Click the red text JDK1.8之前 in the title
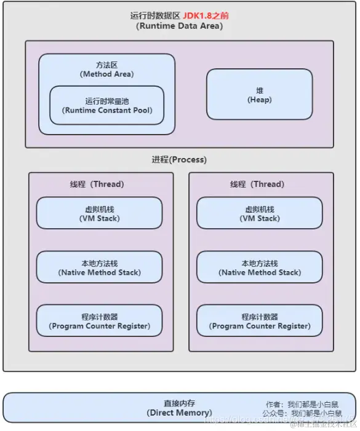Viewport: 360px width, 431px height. [x=206, y=15]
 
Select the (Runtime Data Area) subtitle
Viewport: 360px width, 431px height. [x=179, y=26]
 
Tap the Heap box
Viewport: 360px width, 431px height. [x=259, y=94]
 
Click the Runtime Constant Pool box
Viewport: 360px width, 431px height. [x=107, y=105]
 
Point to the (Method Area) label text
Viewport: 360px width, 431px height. [x=107, y=74]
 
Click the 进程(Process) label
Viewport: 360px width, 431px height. [x=179, y=159]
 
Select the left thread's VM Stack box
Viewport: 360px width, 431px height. [x=99, y=213]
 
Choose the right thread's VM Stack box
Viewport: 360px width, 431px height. [x=259, y=213]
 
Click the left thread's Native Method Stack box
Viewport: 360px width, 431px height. [x=99, y=267]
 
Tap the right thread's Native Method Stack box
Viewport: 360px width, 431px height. [x=259, y=267]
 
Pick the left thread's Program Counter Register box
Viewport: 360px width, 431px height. [x=99, y=321]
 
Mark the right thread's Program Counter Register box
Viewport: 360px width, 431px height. [x=259, y=321]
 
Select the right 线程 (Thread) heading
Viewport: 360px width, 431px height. [x=257, y=184]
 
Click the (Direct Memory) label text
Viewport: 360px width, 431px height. [x=179, y=413]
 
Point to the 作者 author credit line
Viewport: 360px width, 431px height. [x=310, y=404]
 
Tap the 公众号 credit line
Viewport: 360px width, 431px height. [x=310, y=414]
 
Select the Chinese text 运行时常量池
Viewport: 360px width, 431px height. [x=107, y=101]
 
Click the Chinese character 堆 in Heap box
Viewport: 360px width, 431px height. [x=259, y=90]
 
